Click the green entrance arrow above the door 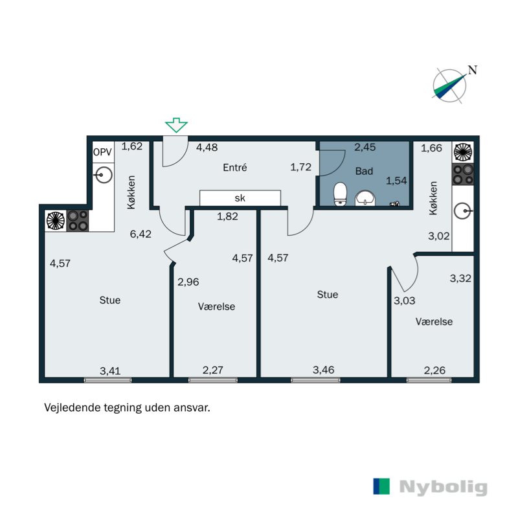pyautogui.click(x=176, y=125)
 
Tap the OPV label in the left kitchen pyautogui.click(x=102, y=152)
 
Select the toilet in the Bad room pyautogui.click(x=340, y=194)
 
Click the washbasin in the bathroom pyautogui.click(x=365, y=198)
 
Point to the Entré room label pyautogui.click(x=235, y=168)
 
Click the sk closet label pyautogui.click(x=240, y=198)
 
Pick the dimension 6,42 pyautogui.click(x=141, y=234)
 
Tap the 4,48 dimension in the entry pyautogui.click(x=207, y=147)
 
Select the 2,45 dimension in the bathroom pyautogui.click(x=365, y=147)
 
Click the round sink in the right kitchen pyautogui.click(x=462, y=211)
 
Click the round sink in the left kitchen pyautogui.click(x=104, y=175)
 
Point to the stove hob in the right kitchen pyautogui.click(x=463, y=174)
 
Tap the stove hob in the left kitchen pyautogui.click(x=78, y=220)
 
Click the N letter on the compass pyautogui.click(x=473, y=70)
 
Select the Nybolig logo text pyautogui.click(x=444, y=487)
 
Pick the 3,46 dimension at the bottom pyautogui.click(x=323, y=370)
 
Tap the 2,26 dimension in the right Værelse pyautogui.click(x=434, y=370)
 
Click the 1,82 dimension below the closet pyautogui.click(x=227, y=216)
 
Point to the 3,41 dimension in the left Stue pyautogui.click(x=110, y=371)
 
